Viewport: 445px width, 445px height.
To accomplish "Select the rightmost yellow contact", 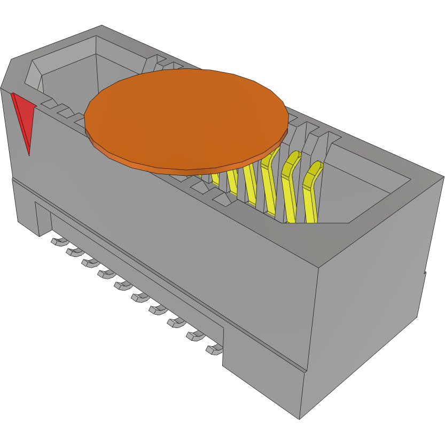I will (311, 192).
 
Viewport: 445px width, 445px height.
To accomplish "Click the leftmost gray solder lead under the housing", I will (55, 242).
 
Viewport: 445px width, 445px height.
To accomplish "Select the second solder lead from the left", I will (71, 252).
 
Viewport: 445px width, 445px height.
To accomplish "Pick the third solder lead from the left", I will (87, 262).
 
